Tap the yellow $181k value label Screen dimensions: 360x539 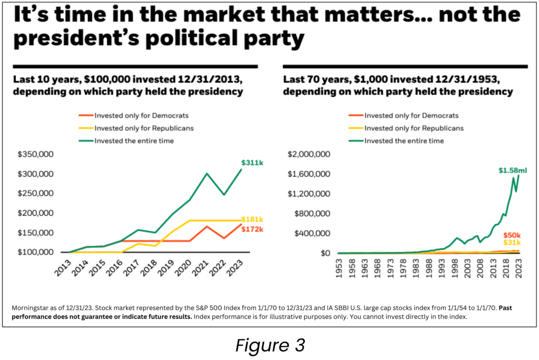pos(252,219)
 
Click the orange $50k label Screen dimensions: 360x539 pos(512,235)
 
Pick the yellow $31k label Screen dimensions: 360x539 pos(512,242)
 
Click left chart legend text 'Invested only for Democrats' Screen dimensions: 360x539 pos(141,115)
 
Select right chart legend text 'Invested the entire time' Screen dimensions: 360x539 pos(404,141)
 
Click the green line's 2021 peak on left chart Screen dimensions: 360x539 pos(207,174)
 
